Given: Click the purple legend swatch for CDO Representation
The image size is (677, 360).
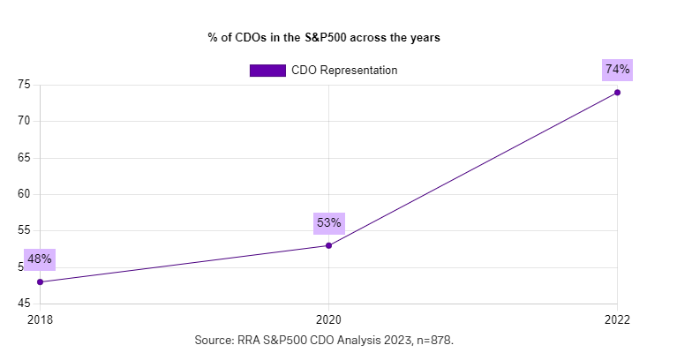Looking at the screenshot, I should click(x=267, y=70).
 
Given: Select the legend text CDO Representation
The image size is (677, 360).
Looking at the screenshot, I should click(x=344, y=70).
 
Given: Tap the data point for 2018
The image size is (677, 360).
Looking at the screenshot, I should click(x=41, y=282).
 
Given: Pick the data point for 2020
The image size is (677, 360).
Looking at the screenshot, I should click(x=328, y=245).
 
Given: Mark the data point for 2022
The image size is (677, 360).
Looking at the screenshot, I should click(x=617, y=93).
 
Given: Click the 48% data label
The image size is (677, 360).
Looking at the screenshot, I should click(x=41, y=259).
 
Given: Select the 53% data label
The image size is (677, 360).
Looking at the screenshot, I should click(x=328, y=222).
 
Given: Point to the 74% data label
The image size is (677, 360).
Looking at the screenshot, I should click(x=617, y=70).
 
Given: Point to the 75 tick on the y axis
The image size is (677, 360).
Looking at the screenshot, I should click(x=24, y=85).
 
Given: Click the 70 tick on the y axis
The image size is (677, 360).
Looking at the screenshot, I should click(x=24, y=121).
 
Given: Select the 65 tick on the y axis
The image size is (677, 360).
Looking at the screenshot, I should click(x=24, y=158).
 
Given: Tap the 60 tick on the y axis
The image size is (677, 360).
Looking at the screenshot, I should click(x=24, y=194).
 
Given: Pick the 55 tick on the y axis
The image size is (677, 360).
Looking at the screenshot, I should click(x=24, y=230).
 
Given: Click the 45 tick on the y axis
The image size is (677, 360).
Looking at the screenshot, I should click(x=24, y=304).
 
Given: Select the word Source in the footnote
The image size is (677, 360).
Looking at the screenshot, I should click(x=214, y=340).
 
